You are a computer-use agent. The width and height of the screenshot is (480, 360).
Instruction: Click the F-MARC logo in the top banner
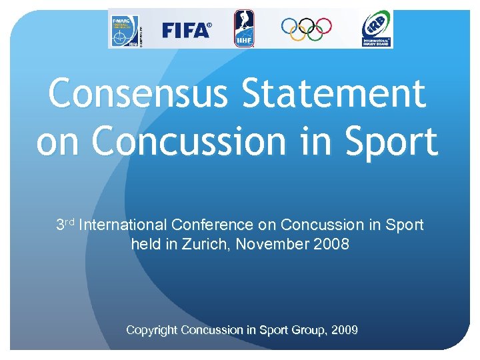(124, 30)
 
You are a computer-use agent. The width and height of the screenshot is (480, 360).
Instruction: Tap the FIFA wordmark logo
(187, 30)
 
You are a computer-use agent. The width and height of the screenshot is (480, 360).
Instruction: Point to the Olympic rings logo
(306, 27)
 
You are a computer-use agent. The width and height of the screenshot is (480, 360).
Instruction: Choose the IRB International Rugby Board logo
(376, 29)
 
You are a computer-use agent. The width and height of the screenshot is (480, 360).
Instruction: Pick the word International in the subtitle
(123, 225)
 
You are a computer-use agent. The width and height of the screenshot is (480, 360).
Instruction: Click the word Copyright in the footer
(151, 330)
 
